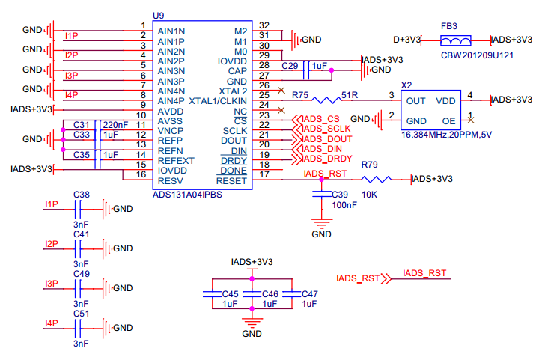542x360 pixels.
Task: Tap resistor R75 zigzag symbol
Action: tap(326, 100)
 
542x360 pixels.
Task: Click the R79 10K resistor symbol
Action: tap(377, 179)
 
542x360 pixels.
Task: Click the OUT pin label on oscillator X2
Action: tap(416, 100)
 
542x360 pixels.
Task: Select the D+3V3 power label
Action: tap(407, 39)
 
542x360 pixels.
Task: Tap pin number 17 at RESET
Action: tap(264, 175)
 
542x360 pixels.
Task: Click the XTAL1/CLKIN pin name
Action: tap(218, 100)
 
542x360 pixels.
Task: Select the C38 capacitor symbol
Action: tap(81, 209)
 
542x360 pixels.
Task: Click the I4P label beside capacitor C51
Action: tap(51, 323)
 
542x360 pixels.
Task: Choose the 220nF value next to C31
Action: tap(114, 124)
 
